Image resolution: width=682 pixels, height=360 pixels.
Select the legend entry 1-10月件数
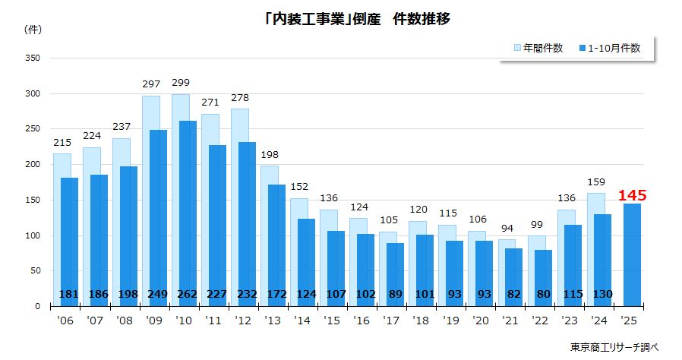click(x=613, y=49)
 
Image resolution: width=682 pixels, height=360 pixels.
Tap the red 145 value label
click(x=632, y=196)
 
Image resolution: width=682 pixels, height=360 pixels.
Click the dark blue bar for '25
click(x=632, y=254)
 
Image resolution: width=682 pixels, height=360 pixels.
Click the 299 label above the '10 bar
click(x=181, y=83)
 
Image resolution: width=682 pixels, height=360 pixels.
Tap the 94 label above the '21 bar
click(x=507, y=228)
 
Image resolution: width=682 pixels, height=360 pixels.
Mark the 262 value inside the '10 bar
click(x=188, y=295)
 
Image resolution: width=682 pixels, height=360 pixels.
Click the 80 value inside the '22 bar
click(x=543, y=295)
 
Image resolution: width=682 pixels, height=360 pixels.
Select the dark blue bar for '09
click(x=158, y=216)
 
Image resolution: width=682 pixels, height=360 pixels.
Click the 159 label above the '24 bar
click(x=596, y=182)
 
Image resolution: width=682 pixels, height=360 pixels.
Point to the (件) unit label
click(x=33, y=30)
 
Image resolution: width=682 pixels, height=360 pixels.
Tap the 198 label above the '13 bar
click(x=270, y=154)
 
